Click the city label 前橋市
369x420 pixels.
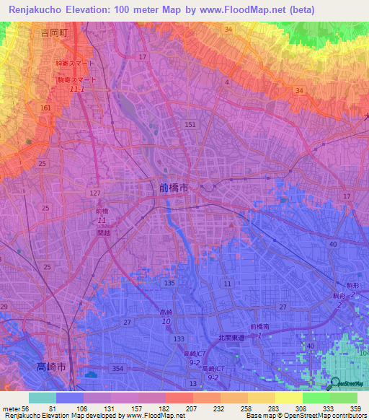coord(173,187)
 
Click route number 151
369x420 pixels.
coord(190,125)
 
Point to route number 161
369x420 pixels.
coord(46,108)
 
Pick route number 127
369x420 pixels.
coord(96,193)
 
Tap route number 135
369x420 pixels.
coord(169,284)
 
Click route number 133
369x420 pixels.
coord(179,338)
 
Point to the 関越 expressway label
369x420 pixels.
coord(104,233)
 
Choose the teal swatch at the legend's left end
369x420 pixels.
coord(42,398)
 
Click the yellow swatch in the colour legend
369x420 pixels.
coord(289,398)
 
